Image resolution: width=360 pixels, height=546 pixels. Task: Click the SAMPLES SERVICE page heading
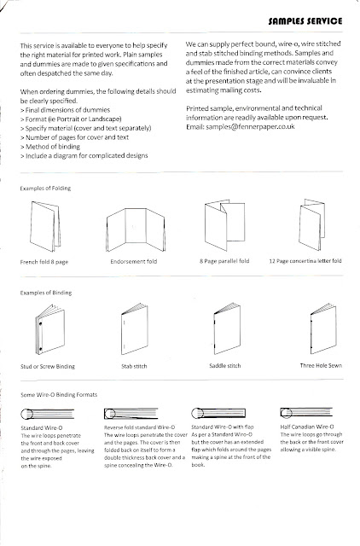(305, 20)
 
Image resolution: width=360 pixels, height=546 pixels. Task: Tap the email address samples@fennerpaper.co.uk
(250, 126)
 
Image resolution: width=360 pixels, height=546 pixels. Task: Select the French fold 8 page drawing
(45, 226)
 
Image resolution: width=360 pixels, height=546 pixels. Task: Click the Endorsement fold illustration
(136, 229)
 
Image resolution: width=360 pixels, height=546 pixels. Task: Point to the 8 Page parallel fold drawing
(224, 224)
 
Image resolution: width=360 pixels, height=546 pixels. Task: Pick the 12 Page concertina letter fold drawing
(311, 224)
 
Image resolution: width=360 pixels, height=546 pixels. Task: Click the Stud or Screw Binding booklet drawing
(49, 329)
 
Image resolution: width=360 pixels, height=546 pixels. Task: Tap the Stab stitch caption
(134, 366)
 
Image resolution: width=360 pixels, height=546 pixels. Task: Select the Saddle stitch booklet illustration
(227, 328)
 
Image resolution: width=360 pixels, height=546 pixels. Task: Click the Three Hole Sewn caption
(321, 365)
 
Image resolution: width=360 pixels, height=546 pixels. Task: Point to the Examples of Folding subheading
(45, 188)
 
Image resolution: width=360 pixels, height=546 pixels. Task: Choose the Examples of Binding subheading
(46, 293)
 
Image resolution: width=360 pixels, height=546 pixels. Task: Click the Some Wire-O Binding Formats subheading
(59, 394)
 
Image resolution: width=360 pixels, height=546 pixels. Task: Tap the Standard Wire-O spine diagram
(48, 414)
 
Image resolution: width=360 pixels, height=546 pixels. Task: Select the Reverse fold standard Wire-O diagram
(131, 413)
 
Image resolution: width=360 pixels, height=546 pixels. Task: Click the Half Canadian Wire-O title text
(307, 427)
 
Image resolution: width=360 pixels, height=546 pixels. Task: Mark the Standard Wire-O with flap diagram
(218, 413)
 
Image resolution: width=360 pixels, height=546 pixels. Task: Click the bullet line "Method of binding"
(50, 147)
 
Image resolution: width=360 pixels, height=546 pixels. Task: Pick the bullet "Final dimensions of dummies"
(65, 110)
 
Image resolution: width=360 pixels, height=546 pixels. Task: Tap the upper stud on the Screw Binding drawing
(41, 324)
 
